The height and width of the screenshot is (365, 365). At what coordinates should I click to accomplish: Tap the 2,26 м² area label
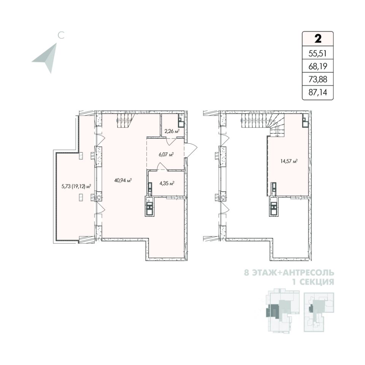coord(171,132)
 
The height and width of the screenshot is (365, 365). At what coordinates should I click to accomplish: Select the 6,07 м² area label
coord(166,154)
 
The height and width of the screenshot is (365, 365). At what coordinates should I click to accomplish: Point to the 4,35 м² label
coord(167,183)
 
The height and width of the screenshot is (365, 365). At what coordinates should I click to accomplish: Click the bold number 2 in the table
coord(317,38)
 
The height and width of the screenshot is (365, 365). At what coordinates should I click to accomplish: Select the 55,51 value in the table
coord(318,53)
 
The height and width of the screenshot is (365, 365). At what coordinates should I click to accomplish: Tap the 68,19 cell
coord(318,66)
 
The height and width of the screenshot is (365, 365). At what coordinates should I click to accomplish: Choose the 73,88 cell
coord(318,79)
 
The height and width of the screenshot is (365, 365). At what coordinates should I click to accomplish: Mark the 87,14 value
coord(318,92)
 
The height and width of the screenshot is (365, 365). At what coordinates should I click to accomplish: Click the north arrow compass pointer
coord(47,57)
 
